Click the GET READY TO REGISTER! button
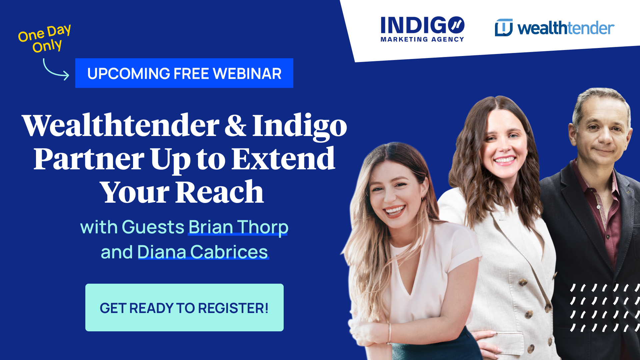(x=184, y=307)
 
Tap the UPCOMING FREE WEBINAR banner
(x=184, y=73)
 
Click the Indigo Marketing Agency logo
(x=422, y=29)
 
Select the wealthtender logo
(x=554, y=28)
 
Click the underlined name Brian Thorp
(x=238, y=227)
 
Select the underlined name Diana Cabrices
(x=203, y=252)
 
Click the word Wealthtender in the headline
(x=121, y=125)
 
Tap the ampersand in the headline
(x=235, y=126)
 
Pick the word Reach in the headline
(x=219, y=192)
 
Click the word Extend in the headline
(x=283, y=159)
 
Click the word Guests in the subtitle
(x=153, y=227)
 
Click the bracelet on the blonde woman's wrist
(x=389, y=333)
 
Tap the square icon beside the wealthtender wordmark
(x=504, y=27)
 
